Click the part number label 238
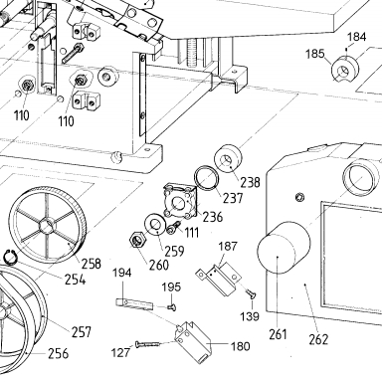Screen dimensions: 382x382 tap(250, 182)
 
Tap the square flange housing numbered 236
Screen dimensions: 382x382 tap(181, 202)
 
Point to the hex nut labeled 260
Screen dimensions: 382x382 tap(137, 240)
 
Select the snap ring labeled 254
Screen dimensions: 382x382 tap(10, 258)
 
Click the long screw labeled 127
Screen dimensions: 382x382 tap(147, 344)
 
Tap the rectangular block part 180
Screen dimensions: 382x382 tap(192, 341)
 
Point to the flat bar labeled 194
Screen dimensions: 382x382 tap(134, 304)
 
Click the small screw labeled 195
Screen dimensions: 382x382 tap(171, 308)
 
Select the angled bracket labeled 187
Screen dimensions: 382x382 tap(218, 278)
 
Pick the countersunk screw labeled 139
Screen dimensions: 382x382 tap(251, 293)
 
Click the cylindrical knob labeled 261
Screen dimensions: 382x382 tap(284, 248)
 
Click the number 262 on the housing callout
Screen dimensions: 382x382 tap(318, 339)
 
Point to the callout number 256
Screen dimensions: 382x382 tap(59, 354)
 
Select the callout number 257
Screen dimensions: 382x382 tap(82, 331)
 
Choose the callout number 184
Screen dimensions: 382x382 tap(357, 37)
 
